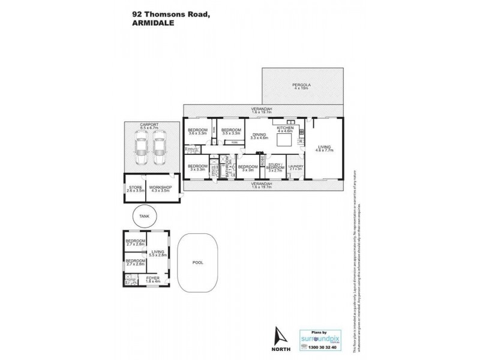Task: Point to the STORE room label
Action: (x=134, y=188)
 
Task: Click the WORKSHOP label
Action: (x=160, y=188)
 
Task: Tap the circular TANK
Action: (x=144, y=216)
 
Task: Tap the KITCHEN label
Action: (x=284, y=128)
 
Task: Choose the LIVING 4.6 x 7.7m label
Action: (x=325, y=148)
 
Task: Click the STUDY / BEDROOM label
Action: (x=274, y=168)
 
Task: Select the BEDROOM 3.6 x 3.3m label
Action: (x=197, y=132)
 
